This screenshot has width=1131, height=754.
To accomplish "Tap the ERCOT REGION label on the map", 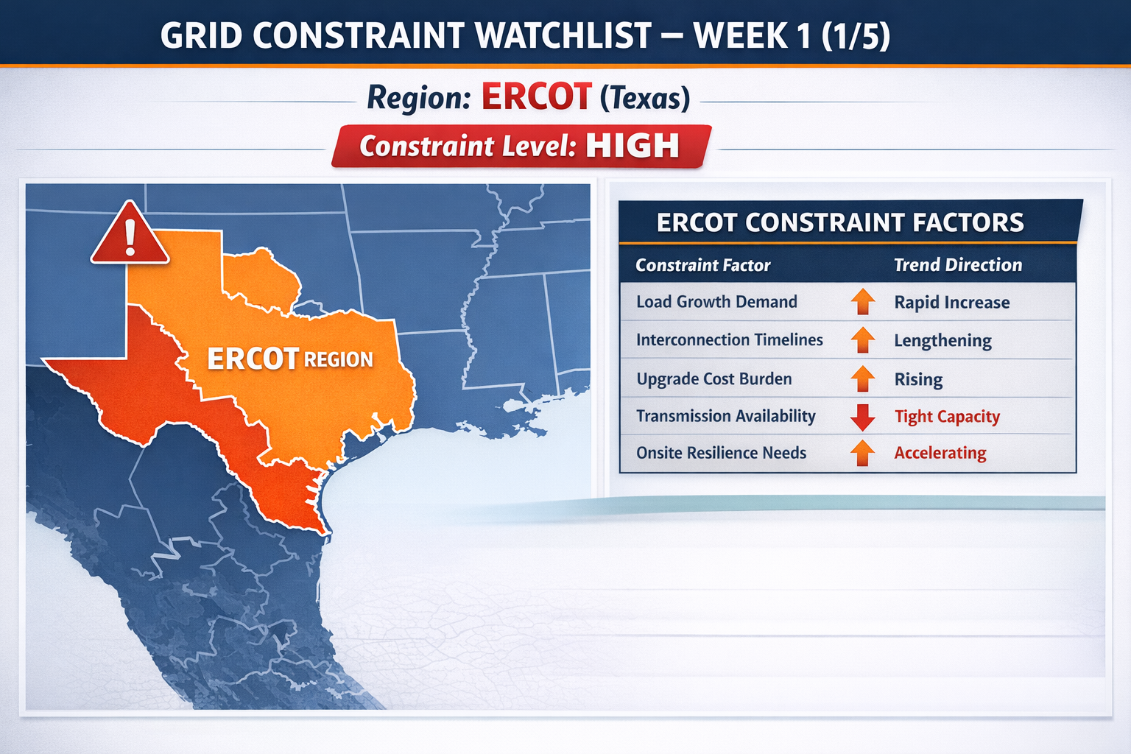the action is pyautogui.click(x=290, y=359).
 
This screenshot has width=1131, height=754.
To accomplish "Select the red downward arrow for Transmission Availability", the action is pyautogui.click(x=862, y=417).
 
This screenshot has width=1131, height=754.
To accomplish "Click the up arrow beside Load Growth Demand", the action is pyautogui.click(x=862, y=301).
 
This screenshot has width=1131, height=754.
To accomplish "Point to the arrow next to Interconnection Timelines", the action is pyautogui.click(x=862, y=340).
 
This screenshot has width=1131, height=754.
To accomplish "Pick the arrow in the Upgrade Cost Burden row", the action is pyautogui.click(x=862, y=378).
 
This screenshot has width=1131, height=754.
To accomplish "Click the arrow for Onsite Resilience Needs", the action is pyautogui.click(x=862, y=453).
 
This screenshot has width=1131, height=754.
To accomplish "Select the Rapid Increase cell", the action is pyautogui.click(x=952, y=302).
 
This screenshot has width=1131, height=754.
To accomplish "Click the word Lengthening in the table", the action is pyautogui.click(x=942, y=340).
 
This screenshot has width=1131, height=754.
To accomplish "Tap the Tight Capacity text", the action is pyautogui.click(x=947, y=417).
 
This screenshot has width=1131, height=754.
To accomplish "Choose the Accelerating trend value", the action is pyautogui.click(x=940, y=453).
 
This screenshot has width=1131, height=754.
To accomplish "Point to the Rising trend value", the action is pyautogui.click(x=918, y=379).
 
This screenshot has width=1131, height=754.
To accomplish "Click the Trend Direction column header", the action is pyautogui.click(x=958, y=264).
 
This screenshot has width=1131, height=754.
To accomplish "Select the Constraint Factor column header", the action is pyautogui.click(x=703, y=265).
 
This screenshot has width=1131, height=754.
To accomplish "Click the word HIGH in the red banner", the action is pyautogui.click(x=633, y=146).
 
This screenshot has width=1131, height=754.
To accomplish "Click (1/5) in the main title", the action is pyautogui.click(x=856, y=35).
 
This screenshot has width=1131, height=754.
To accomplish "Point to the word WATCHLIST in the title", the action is pyautogui.click(x=564, y=35).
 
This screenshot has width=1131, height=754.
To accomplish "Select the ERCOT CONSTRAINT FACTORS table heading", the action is pyautogui.click(x=840, y=222).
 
